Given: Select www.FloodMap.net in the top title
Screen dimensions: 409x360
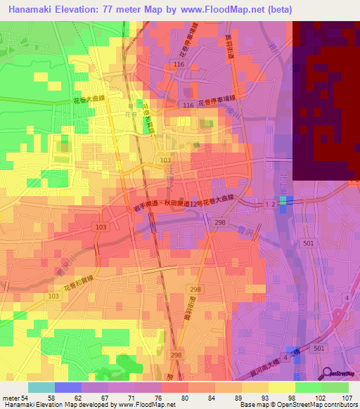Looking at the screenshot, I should [229, 10].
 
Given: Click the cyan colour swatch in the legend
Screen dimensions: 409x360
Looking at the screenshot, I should [41, 387].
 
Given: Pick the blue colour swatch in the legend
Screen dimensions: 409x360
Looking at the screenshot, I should [68, 387].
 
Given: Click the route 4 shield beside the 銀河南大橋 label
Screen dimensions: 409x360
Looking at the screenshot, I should [286, 358].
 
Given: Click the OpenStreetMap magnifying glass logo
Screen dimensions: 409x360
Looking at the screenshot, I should [326, 374].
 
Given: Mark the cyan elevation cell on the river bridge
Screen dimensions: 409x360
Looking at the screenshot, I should [283, 201].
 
